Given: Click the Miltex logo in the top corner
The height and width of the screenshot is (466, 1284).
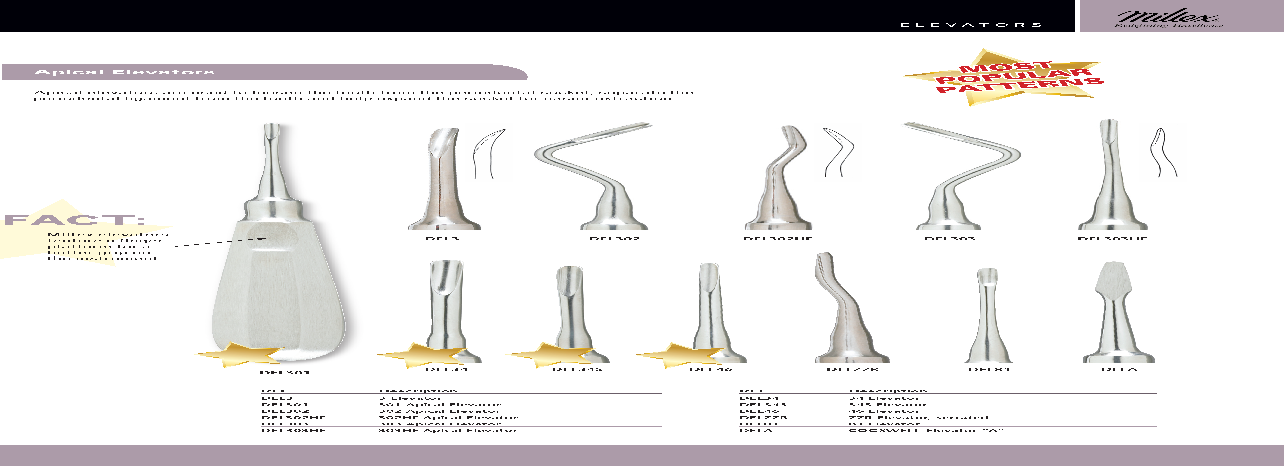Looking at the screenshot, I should [x=1169, y=17].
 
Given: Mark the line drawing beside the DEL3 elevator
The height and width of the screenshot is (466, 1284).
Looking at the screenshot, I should [x=488, y=152].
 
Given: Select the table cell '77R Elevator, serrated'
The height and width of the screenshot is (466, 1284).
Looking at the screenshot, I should [x=918, y=418].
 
